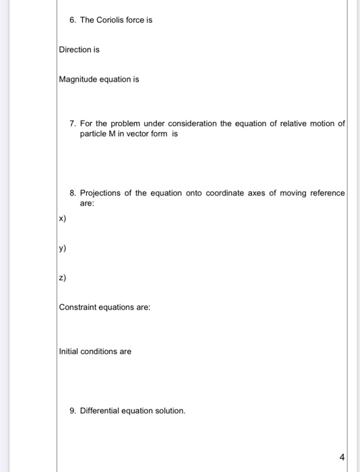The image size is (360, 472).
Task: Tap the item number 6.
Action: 73,20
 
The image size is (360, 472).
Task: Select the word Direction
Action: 75,50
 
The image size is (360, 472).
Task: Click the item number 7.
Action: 73,124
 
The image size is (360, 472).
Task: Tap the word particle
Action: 94,134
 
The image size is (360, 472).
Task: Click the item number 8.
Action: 73,193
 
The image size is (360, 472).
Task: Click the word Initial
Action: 69,351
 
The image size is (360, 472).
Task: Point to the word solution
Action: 167,410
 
